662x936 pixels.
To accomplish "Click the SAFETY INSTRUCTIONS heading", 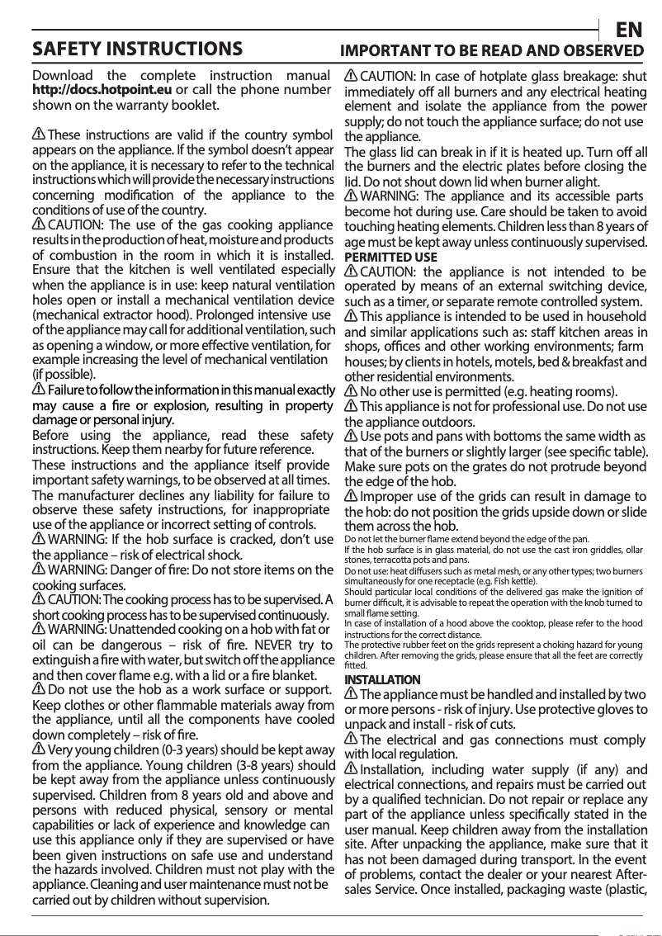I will [137, 50].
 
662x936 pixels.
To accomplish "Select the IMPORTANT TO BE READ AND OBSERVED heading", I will [492, 51].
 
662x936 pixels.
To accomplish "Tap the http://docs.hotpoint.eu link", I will [102, 90].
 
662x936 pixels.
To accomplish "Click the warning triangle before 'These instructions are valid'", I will [39, 135].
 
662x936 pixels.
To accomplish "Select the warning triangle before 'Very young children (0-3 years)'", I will [39, 749].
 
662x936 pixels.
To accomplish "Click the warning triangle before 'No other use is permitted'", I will [351, 391].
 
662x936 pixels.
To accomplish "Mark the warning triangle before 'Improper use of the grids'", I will [351, 497].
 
